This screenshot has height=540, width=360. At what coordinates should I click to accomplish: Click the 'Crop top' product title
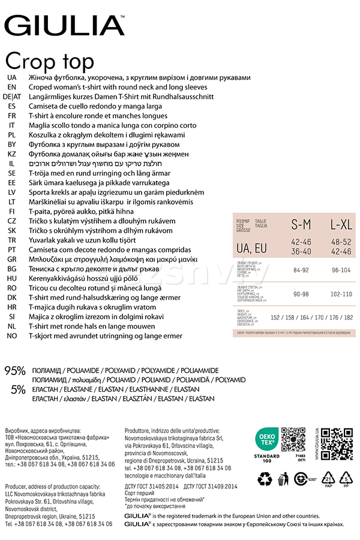click(x=50, y=61)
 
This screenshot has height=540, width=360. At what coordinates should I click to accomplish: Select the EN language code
click(x=12, y=87)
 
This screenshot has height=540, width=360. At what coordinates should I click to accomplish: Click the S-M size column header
click(x=301, y=224)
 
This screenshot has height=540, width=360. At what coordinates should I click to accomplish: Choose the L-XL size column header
click(x=340, y=224)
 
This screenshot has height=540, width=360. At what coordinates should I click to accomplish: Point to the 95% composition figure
click(x=15, y=371)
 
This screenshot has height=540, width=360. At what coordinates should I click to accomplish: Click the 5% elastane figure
click(x=18, y=389)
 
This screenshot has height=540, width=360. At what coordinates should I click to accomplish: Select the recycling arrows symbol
click(x=265, y=479)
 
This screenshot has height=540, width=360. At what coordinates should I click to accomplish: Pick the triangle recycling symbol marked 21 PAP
click(x=328, y=479)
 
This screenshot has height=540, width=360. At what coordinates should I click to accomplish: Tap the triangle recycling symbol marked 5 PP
click(x=347, y=479)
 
